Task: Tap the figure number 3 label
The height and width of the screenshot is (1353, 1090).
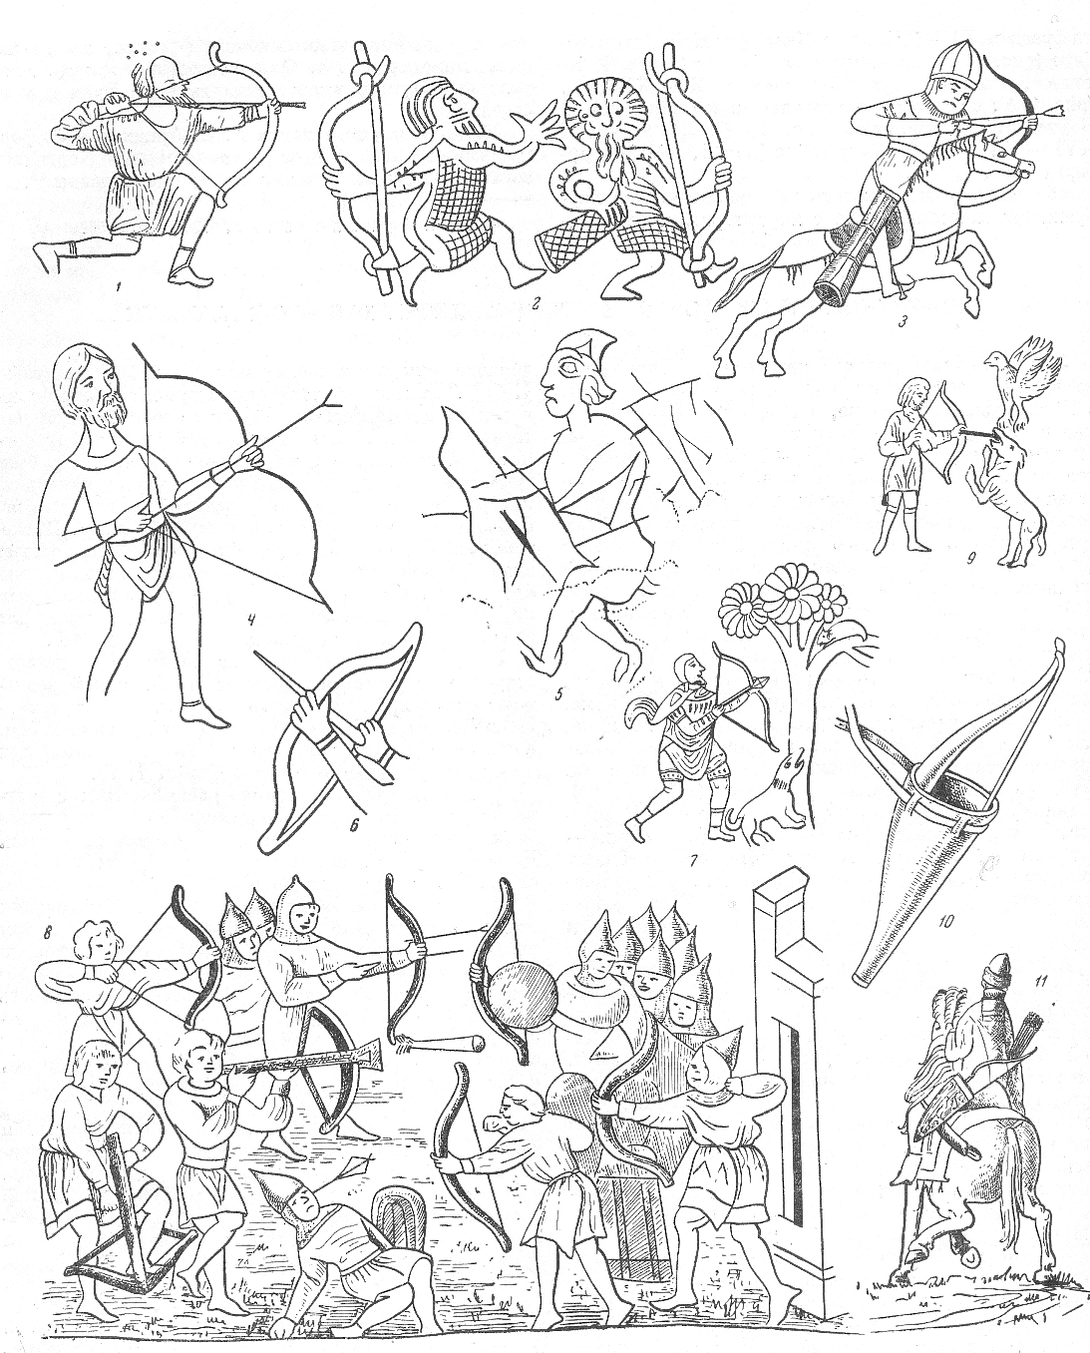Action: pos(903,323)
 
